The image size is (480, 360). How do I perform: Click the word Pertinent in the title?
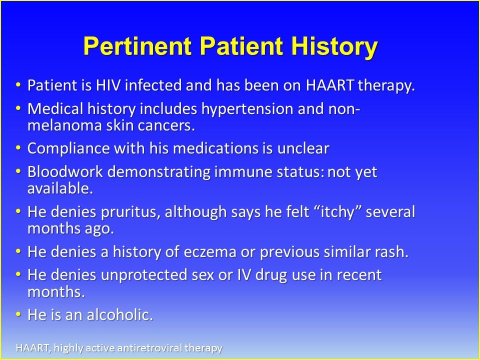coord(137,46)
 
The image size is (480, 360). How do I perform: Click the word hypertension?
coord(247,109)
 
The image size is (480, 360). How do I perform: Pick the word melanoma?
coord(64,125)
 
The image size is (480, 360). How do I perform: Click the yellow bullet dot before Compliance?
coord(18,147)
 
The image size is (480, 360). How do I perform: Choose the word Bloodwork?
coord(65,171)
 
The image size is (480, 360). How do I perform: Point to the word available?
coord(60,188)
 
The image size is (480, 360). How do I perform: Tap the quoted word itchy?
coord(337,212)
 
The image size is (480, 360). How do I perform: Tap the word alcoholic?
coord(120,314)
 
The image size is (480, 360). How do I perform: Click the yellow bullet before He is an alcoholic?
coord(18,314)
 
